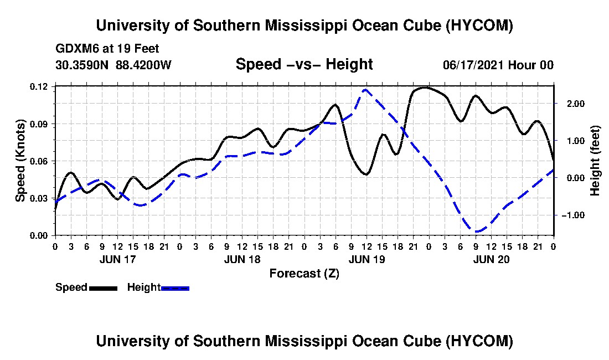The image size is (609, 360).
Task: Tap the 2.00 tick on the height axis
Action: (574, 104)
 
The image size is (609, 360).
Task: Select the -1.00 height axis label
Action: (572, 215)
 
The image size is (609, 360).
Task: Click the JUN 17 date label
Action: (118, 259)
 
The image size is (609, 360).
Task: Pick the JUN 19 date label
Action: (367, 259)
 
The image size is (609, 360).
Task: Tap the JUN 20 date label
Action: (491, 259)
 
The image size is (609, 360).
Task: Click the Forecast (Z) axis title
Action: (304, 274)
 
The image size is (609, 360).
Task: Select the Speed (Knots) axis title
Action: (20, 161)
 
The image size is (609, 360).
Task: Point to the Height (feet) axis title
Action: (595, 161)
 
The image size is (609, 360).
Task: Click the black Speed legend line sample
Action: (103, 288)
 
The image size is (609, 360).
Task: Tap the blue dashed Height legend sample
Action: (175, 288)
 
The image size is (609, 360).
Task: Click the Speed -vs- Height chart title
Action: (304, 64)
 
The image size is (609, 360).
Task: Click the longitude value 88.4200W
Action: (143, 64)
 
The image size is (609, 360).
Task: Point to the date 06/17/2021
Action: (473, 65)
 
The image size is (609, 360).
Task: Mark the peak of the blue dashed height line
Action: (365, 90)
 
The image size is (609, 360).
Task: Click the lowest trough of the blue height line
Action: (477, 232)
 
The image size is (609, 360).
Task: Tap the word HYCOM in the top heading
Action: (479, 25)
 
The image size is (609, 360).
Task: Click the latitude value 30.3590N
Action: (81, 64)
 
